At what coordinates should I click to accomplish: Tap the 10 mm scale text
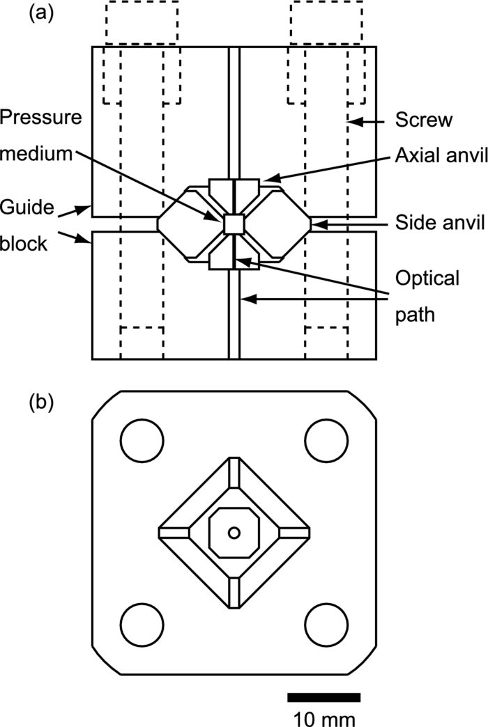pos(323,717)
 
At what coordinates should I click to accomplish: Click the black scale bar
pos(323,698)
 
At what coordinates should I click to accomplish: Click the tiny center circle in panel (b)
pos(234,533)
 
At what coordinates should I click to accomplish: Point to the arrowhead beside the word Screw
pos(353,121)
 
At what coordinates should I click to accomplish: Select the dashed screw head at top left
pos(142,23)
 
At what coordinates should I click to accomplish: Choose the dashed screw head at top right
pos(327,23)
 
